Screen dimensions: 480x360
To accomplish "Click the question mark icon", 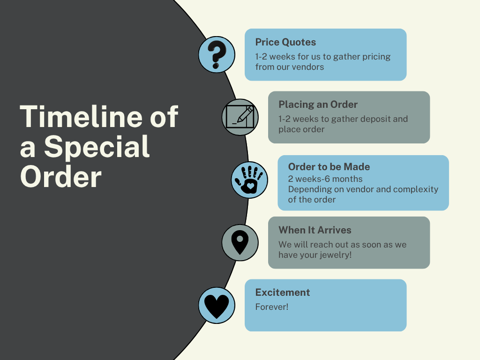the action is pos(217,55).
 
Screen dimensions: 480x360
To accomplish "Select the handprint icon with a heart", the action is pos(249,180).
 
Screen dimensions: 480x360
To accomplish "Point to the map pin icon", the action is pos(240,242).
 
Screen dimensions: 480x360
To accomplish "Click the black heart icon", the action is pos(217,305).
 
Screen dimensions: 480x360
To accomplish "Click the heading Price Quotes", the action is pos(285,42).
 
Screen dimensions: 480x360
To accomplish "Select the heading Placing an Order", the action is pos(318,105).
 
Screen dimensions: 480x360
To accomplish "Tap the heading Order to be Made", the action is pos(329,167).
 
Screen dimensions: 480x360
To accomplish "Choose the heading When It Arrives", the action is pos(315,230).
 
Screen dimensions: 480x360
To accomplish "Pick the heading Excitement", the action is pos(283,292).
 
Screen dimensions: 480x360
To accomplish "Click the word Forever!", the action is pos(272,307).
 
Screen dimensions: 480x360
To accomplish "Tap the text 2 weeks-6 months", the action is pos(325,179).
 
